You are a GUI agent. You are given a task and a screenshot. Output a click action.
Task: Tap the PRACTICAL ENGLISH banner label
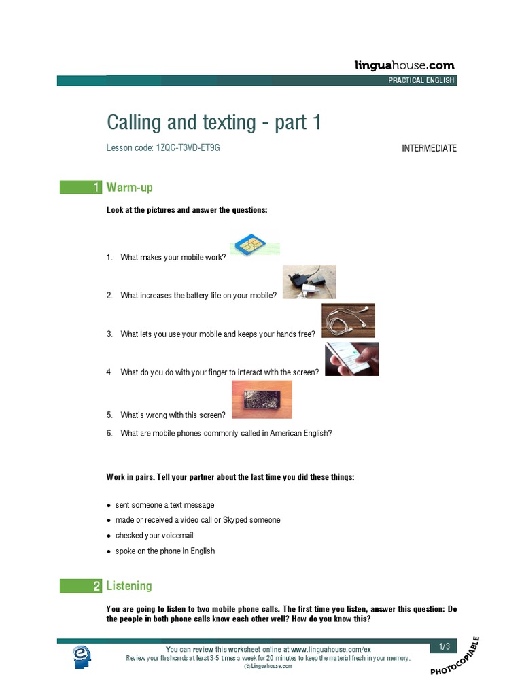pyautogui.click(x=421, y=80)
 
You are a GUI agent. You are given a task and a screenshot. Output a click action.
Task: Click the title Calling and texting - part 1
pyautogui.click(x=213, y=122)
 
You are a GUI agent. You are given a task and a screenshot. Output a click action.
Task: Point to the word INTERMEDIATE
pyautogui.click(x=429, y=148)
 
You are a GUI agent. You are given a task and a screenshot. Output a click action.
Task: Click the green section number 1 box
pyautogui.click(x=81, y=187)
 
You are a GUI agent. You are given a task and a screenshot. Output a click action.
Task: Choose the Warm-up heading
pyautogui.click(x=134, y=187)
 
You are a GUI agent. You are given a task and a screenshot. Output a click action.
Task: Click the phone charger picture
pyautogui.click(x=309, y=282)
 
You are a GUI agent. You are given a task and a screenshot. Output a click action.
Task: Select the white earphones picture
pyautogui.click(x=348, y=320)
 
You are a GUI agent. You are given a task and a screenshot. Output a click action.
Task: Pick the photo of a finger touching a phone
pyautogui.click(x=351, y=359)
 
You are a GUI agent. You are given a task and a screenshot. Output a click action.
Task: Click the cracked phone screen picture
pyautogui.click(x=262, y=399)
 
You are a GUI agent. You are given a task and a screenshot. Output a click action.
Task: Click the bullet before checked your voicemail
pyautogui.click(x=109, y=536)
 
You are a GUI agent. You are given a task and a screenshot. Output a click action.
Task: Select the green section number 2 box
pyautogui.click(x=81, y=586)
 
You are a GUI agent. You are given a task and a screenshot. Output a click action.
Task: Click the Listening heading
pyautogui.click(x=129, y=586)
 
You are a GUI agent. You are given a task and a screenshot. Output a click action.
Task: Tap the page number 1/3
pyautogui.click(x=445, y=646)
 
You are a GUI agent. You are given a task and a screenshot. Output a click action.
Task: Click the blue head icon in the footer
pyautogui.click(x=83, y=656)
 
